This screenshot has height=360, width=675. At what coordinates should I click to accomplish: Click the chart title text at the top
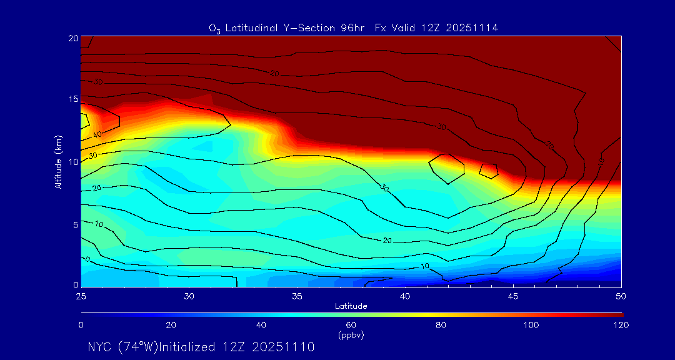click(353, 27)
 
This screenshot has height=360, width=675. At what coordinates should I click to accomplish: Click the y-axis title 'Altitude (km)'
click(58, 162)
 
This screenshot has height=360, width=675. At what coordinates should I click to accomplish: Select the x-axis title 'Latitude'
click(351, 306)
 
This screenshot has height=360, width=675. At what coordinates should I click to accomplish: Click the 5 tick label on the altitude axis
click(74, 224)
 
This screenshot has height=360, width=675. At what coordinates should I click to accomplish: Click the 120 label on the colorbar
click(621, 325)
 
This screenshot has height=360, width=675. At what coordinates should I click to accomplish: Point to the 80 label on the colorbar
click(441, 325)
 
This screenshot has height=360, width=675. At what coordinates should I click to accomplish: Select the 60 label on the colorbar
click(351, 325)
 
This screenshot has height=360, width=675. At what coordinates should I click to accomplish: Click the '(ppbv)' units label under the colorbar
click(351, 335)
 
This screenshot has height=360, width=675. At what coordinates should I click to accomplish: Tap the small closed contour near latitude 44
click(488, 170)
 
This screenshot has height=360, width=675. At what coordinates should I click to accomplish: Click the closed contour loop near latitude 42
click(446, 168)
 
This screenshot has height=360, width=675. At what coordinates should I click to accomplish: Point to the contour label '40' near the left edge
click(97, 135)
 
